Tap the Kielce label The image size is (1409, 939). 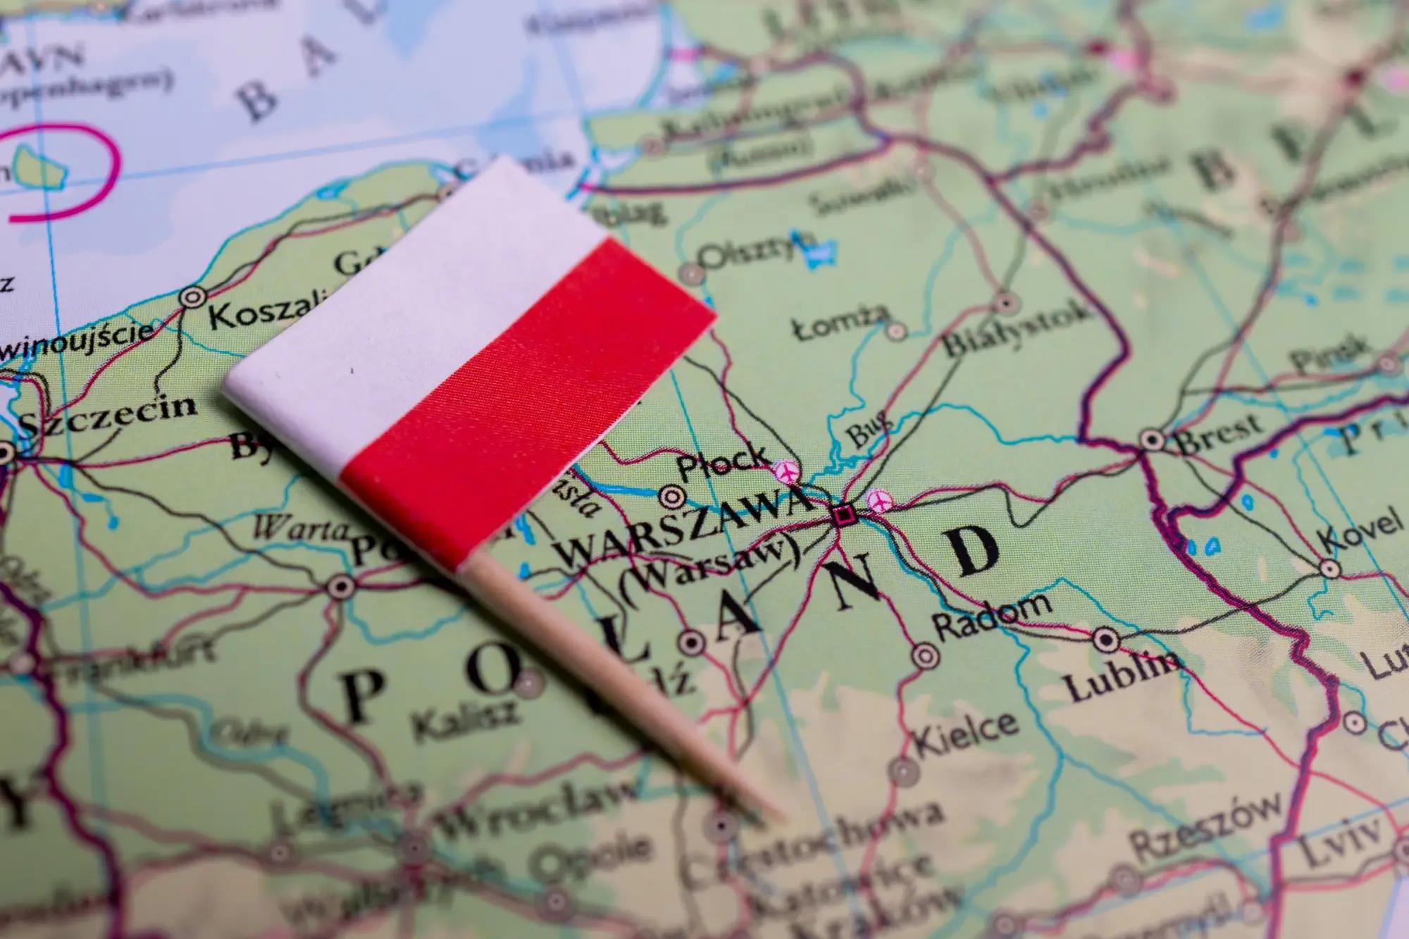(965, 733)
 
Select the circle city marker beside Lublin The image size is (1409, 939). (1105, 640)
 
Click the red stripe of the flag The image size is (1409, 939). (521, 416)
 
